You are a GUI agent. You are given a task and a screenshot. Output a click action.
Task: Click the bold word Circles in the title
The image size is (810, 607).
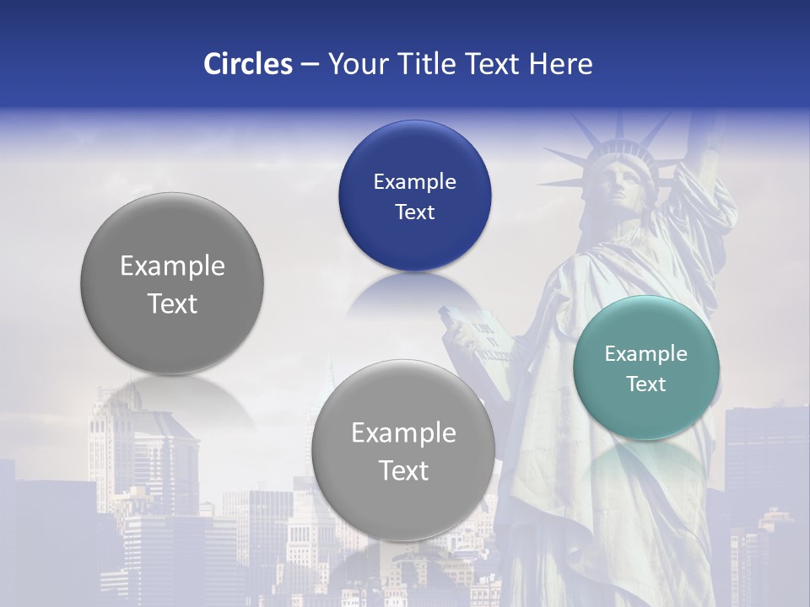click(x=248, y=64)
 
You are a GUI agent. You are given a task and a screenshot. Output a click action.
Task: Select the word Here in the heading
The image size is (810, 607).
click(x=561, y=64)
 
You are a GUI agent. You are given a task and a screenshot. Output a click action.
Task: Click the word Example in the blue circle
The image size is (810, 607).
click(x=414, y=181)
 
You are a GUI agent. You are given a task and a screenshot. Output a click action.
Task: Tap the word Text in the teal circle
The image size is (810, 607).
click(x=646, y=384)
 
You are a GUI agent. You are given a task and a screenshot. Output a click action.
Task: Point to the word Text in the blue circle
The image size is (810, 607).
click(x=414, y=212)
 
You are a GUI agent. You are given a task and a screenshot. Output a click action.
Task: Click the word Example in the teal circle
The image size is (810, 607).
click(x=646, y=353)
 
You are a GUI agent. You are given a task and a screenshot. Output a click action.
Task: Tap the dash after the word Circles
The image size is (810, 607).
click(x=310, y=64)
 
